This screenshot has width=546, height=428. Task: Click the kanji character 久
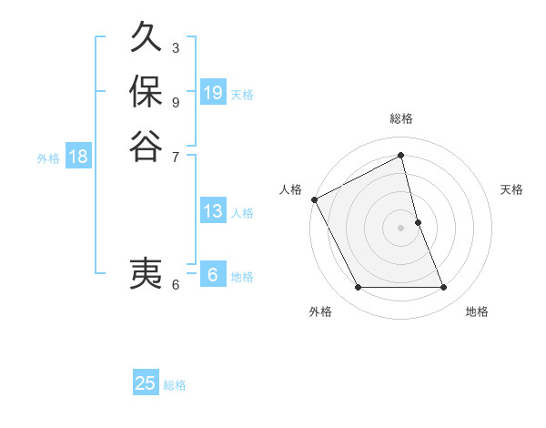click(x=146, y=39)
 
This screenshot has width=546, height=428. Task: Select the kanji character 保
click(x=146, y=92)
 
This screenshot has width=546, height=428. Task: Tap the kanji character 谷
click(x=146, y=145)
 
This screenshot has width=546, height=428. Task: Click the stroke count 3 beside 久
click(x=176, y=47)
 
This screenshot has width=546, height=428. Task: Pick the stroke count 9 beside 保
click(x=176, y=101)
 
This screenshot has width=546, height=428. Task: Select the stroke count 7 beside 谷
click(x=176, y=156)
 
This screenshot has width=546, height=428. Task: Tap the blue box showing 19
click(x=213, y=93)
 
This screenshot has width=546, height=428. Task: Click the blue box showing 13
click(x=213, y=211)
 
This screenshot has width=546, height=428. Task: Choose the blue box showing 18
click(x=78, y=157)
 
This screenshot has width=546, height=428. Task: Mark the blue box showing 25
click(x=146, y=383)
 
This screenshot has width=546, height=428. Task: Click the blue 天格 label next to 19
click(x=242, y=94)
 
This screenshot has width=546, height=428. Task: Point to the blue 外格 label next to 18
click(x=48, y=158)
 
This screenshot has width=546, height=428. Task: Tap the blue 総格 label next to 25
click(x=175, y=384)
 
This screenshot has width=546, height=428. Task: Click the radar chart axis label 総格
click(x=401, y=118)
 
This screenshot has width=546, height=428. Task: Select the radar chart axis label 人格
click(x=291, y=189)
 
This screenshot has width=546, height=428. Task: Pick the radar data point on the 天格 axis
click(x=418, y=222)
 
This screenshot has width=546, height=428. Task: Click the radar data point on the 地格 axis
click(x=444, y=288)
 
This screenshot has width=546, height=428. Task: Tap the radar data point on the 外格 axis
click(x=358, y=288)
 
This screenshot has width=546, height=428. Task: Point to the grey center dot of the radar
click(x=401, y=228)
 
